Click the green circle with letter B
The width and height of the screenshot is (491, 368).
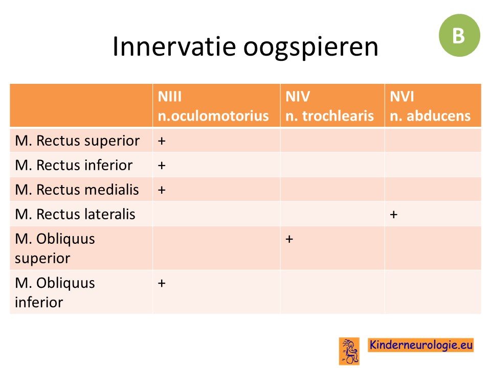point(459,35)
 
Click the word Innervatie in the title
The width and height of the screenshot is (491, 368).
point(174,47)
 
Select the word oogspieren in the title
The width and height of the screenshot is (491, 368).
point(310,48)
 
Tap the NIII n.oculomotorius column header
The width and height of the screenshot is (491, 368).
point(213,106)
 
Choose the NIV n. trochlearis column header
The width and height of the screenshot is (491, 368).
point(329,106)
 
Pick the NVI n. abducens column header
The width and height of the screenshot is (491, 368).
point(430,106)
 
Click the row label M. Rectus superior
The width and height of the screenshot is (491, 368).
point(77,141)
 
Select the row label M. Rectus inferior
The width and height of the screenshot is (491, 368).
point(74,165)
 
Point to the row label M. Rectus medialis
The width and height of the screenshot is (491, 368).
point(77,190)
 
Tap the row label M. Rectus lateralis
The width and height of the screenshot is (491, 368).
point(75,214)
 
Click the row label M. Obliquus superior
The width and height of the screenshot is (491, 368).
point(55,248)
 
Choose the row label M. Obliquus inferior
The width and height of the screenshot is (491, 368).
point(55,292)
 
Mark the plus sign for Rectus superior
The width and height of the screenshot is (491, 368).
point(162,141)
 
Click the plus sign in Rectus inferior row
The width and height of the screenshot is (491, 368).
point(162,166)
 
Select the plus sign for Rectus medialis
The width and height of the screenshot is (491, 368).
point(162,190)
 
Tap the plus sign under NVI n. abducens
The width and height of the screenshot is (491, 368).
point(394,215)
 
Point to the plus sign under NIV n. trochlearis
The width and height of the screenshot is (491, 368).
point(289,239)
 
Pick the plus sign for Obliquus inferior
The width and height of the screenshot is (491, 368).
point(162,284)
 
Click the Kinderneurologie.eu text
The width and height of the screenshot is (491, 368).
point(420,345)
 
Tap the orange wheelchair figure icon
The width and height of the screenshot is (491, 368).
point(349,351)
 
